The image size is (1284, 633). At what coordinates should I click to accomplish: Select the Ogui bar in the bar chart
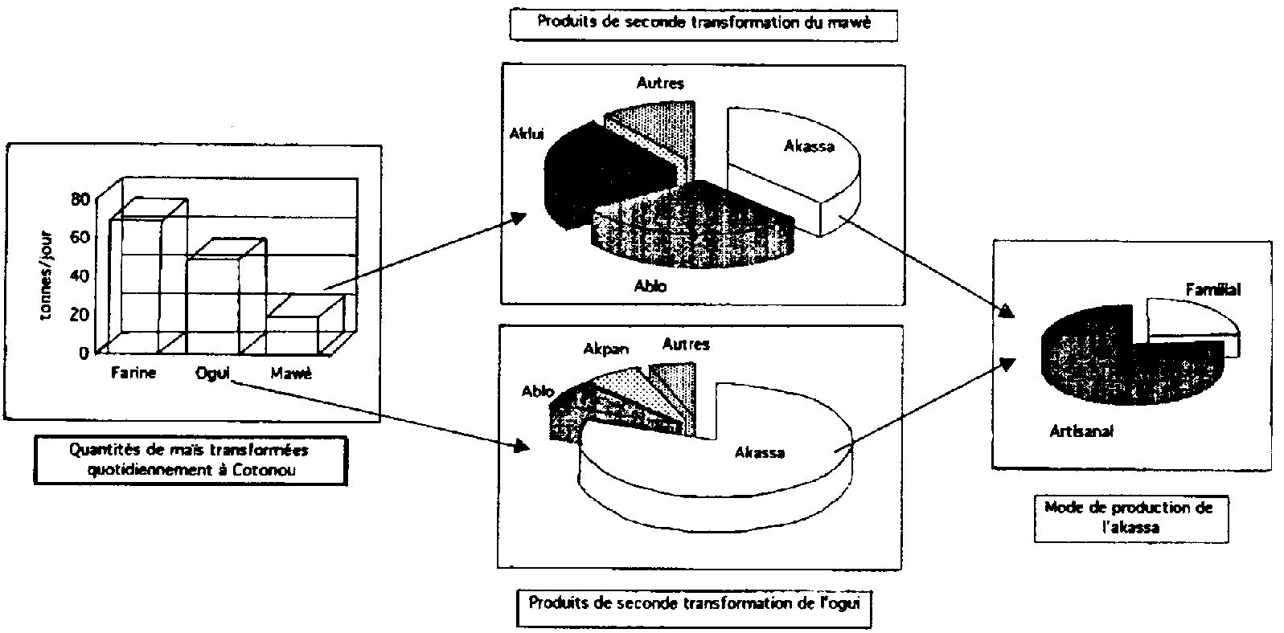tap(212, 301)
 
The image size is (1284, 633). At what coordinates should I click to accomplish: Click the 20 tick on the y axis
tap(80, 314)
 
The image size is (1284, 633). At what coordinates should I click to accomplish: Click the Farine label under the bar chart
tap(133, 373)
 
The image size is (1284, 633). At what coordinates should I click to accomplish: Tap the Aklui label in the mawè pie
tap(527, 133)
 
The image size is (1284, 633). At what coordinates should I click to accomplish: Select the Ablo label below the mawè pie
tap(650, 285)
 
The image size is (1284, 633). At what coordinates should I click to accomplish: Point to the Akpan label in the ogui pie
tap(606, 349)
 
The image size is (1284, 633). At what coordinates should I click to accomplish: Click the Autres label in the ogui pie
tap(686, 344)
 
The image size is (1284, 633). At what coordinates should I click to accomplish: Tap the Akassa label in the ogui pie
tap(759, 452)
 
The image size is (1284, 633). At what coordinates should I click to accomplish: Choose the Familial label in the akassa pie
tap(1213, 289)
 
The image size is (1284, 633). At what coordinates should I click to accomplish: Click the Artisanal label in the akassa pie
tap(1081, 431)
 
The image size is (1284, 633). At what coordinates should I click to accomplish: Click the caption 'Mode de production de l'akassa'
tap(1130, 517)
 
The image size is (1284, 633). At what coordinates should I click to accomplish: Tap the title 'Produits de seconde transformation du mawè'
tap(692, 22)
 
